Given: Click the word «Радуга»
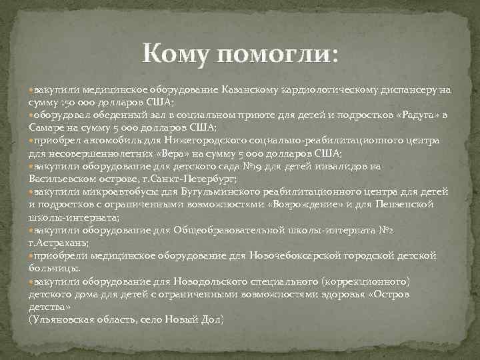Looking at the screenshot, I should click(415, 115).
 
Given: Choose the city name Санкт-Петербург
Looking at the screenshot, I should click(198, 179).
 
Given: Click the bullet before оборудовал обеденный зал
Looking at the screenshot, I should click(31, 115).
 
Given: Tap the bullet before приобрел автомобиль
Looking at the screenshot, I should click(31, 141).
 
